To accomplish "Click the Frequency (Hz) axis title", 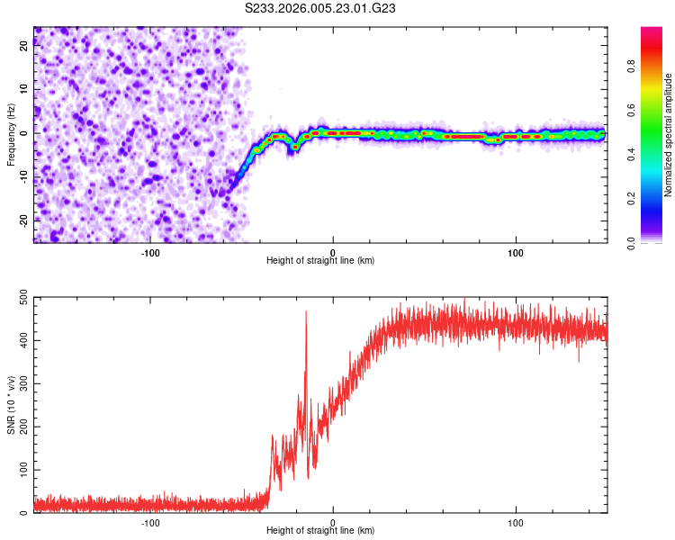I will coord(11,135).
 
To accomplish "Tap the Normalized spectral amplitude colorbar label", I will coord(669,135).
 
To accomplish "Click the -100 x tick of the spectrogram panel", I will coord(150,251).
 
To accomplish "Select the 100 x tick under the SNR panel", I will coord(516,521).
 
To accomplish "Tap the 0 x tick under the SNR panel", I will coord(333,521).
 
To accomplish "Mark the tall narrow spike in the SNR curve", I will coord(306,315).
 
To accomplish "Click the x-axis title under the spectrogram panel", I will coord(320,260).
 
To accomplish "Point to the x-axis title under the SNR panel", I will coord(320,530).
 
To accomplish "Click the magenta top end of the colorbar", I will coord(652,31).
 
